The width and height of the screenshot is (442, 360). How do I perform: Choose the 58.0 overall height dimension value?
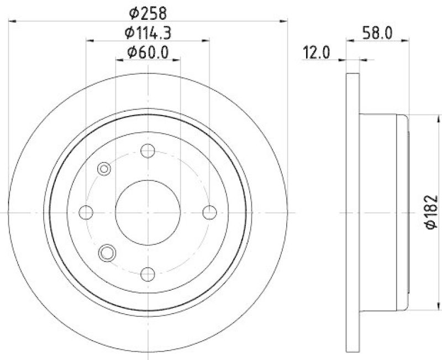click(378, 33)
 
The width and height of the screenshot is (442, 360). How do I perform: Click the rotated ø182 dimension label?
click(432, 212)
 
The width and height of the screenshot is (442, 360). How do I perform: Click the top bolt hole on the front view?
click(148, 150)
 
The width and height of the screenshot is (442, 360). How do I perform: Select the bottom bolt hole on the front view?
click(148, 273)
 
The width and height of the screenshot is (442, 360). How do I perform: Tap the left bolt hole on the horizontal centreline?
click(86, 212)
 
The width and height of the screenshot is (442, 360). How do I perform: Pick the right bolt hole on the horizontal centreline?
click(209, 212)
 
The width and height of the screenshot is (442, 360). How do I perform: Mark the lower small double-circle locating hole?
click(107, 253)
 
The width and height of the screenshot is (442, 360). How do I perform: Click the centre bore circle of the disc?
click(148, 212)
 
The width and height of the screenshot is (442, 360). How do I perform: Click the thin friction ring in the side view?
click(352, 212)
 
